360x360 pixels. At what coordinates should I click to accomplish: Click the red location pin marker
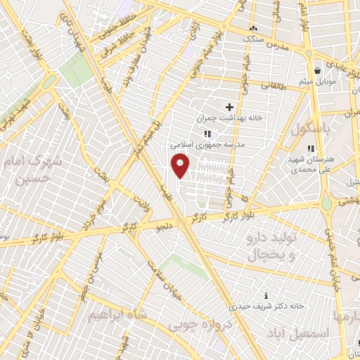pos(181,166)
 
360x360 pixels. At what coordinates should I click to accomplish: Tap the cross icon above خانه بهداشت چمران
pos(229,107)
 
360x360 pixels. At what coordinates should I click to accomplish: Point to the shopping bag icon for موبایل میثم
pos(317,70)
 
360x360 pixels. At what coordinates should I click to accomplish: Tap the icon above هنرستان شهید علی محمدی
pos(310,148)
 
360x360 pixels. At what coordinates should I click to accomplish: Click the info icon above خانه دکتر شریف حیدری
pos(265,295)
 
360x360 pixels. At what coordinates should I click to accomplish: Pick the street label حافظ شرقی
pos(125,34)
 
